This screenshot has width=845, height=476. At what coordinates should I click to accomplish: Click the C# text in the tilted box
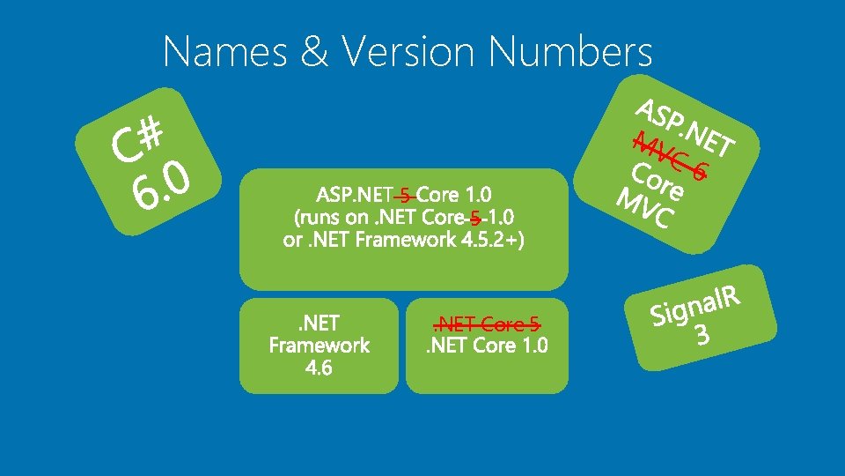click(139, 142)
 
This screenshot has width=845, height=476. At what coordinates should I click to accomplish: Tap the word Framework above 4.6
click(320, 345)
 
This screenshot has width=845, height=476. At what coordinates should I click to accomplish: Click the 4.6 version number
click(319, 367)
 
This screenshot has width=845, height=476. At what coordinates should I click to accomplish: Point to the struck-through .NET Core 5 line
click(487, 323)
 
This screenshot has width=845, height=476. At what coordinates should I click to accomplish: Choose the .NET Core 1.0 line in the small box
click(487, 346)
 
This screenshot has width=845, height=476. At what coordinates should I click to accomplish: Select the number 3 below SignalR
click(702, 336)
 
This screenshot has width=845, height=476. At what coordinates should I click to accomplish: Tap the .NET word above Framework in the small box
click(319, 323)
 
